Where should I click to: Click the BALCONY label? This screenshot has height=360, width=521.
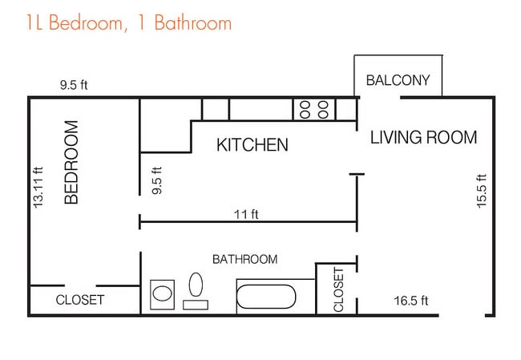click(398, 80)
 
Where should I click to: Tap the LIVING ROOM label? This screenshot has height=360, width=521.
click(424, 137)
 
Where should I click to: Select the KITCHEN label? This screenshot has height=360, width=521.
click(252, 144)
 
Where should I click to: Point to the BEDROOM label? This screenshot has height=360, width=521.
click(71, 162)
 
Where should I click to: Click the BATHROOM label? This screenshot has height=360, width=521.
click(245, 259)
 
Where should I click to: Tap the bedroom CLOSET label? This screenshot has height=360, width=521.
click(79, 300)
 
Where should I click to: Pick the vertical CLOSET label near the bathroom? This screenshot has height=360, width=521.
click(338, 290)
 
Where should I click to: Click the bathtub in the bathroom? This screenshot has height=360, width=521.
click(266, 297)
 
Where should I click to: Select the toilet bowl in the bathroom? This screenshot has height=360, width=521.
click(196, 285)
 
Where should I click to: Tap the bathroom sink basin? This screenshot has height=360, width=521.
click(162, 293)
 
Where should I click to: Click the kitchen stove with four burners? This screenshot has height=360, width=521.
click(314, 110)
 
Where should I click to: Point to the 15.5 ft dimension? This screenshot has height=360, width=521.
click(482, 191)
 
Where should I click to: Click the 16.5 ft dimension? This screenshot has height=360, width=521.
click(411, 301)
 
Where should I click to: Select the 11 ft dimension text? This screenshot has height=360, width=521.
click(246, 214)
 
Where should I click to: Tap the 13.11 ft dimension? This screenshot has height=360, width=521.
click(38, 188)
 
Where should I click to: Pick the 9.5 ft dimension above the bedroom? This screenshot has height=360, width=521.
click(74, 85)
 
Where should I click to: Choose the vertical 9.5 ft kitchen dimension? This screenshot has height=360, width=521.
click(156, 180)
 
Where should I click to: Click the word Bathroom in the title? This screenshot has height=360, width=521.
click(193, 22)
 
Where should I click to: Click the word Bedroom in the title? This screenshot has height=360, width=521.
click(86, 22)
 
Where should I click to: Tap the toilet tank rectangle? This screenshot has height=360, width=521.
click(196, 305)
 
